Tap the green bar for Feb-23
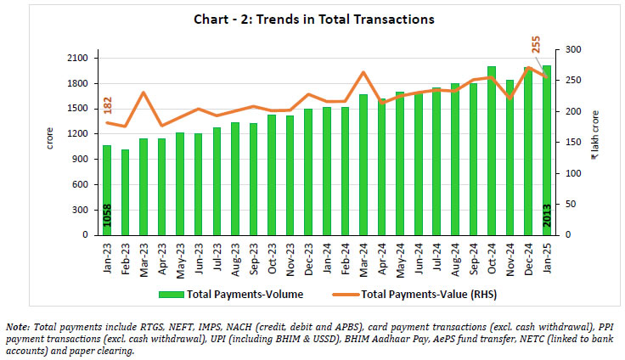126,192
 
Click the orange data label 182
108,105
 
